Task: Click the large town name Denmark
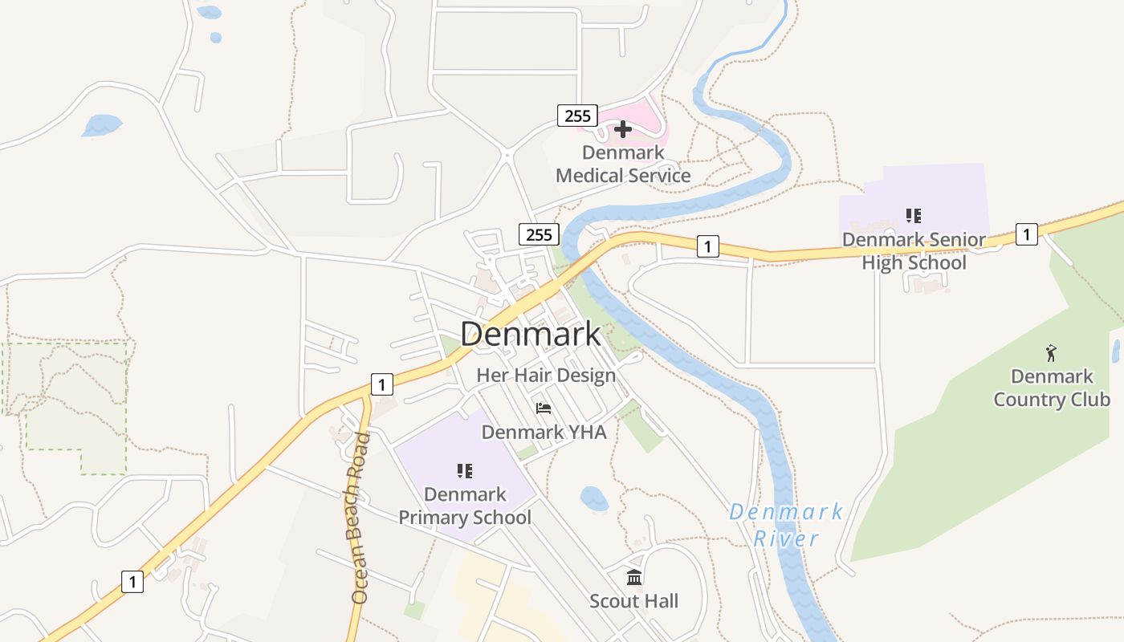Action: point(530,335)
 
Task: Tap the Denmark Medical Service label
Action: point(623,165)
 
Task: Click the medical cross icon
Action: point(623,128)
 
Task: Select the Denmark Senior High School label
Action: point(914,251)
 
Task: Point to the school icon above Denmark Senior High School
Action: point(913,215)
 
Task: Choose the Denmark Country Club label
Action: point(1052,388)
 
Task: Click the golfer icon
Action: point(1051,352)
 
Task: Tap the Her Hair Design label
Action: point(546,375)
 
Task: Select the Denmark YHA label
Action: point(544,432)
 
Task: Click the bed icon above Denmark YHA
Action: point(544,408)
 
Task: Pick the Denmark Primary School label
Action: point(465,506)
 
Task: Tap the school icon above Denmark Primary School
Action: point(464,470)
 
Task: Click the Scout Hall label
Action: point(634,601)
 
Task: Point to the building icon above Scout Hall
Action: point(634,577)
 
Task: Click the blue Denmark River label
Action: point(786,525)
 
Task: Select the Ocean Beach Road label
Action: point(360,518)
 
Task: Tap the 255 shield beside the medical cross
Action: point(577,116)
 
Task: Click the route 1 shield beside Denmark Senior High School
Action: point(1026,234)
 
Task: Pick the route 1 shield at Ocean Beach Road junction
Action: point(382,384)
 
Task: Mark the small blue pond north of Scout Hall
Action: point(594,498)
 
